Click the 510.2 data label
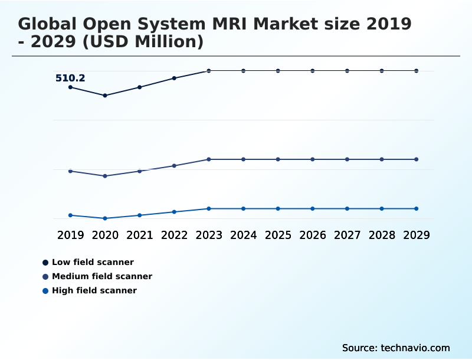coord(70,78)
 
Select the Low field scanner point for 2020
coord(105,95)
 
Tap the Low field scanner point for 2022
coord(174,78)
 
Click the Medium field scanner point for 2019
coord(70,171)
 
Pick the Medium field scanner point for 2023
coord(209,159)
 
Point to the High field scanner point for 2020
coord(105,218)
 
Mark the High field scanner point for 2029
coord(417,208)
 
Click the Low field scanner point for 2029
coord(417,71)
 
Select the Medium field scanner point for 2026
coord(313,159)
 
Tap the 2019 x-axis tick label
coord(70,235)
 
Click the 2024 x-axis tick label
coord(243,235)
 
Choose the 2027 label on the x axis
coord(347,235)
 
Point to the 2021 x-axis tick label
coord(140,235)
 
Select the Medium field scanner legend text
coord(102,276)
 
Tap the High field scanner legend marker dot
coord(45,290)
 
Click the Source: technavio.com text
coord(396,348)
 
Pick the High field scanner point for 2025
coord(278,208)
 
